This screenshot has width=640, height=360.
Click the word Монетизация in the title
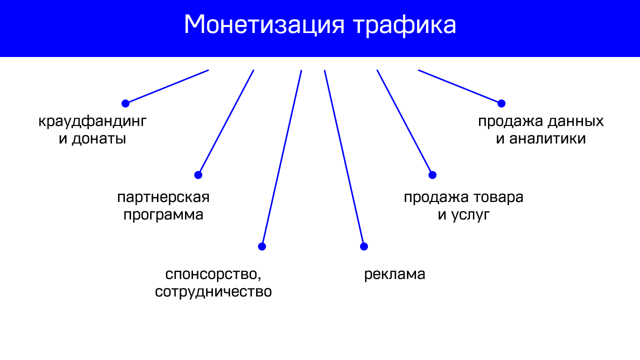264,25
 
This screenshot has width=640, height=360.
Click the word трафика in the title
404,25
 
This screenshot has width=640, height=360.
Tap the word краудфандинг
92,121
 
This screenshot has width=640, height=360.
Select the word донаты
99,139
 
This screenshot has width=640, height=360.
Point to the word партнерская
163,198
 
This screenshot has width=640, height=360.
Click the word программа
163,215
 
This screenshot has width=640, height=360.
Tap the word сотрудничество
213,291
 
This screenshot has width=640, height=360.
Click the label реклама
394,275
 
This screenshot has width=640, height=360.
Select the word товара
498,197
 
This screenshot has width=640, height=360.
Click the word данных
575,121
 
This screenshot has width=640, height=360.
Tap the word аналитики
547,138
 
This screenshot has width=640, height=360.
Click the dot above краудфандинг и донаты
125,103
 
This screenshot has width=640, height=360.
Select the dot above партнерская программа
198,175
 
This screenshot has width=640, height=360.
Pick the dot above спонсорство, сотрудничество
262,246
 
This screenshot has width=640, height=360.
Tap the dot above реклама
364,246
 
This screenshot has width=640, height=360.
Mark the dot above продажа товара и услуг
432,175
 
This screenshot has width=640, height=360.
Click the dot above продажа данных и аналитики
501,103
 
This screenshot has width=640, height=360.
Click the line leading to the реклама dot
344,158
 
